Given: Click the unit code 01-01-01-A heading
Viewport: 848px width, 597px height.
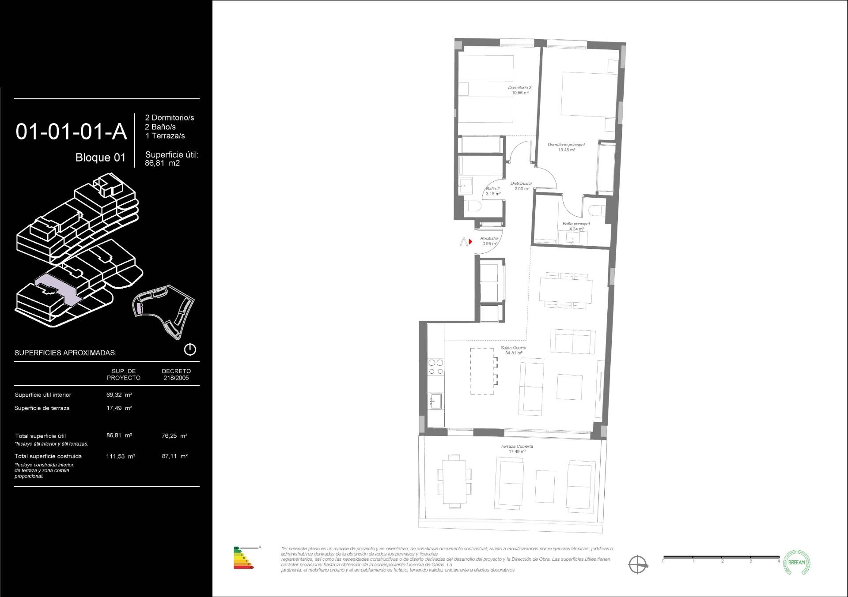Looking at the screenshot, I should click(x=71, y=132).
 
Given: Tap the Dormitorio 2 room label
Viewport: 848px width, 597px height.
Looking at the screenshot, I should click(x=520, y=90).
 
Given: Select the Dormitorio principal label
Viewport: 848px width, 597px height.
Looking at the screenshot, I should click(x=566, y=147).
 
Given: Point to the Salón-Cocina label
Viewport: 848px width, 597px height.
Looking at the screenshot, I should click(x=513, y=350).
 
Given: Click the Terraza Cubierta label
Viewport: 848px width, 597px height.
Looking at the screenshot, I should click(x=517, y=449).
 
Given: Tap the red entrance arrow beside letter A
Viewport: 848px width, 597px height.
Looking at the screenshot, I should click(x=471, y=242).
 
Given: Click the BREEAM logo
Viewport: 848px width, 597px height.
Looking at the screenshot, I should click(x=796, y=563).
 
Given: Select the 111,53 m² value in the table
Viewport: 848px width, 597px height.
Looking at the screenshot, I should click(x=121, y=456).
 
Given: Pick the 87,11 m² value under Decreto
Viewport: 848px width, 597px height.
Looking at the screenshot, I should click(x=174, y=456).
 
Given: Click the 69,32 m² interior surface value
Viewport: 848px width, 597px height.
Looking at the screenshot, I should click(x=119, y=395).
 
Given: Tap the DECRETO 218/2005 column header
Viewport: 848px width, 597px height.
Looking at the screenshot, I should click(x=176, y=374).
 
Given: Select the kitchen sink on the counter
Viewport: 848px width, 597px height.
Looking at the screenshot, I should click(x=435, y=402).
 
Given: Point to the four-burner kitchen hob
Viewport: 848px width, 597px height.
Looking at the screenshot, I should click(x=436, y=367).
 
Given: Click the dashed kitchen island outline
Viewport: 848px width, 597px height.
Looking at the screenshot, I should click(x=482, y=371).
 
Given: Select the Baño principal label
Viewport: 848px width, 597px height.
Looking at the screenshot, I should click(x=576, y=226).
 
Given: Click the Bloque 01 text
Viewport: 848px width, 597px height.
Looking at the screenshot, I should click(x=100, y=158).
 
